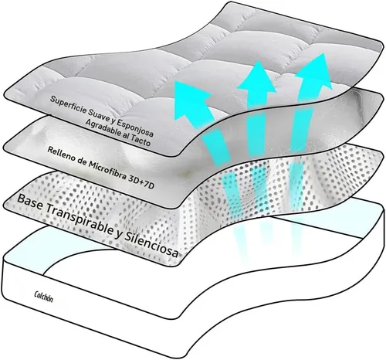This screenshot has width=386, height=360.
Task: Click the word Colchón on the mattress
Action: pyautogui.click(x=43, y=297)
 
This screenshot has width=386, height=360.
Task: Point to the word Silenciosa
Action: pyautogui.click(x=151, y=245)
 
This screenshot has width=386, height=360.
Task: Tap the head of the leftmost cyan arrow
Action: pyautogui.click(x=192, y=99)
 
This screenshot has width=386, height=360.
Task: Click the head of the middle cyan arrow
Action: pyautogui.click(x=257, y=77)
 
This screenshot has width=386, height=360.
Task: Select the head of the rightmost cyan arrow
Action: pyautogui.click(x=313, y=70)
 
